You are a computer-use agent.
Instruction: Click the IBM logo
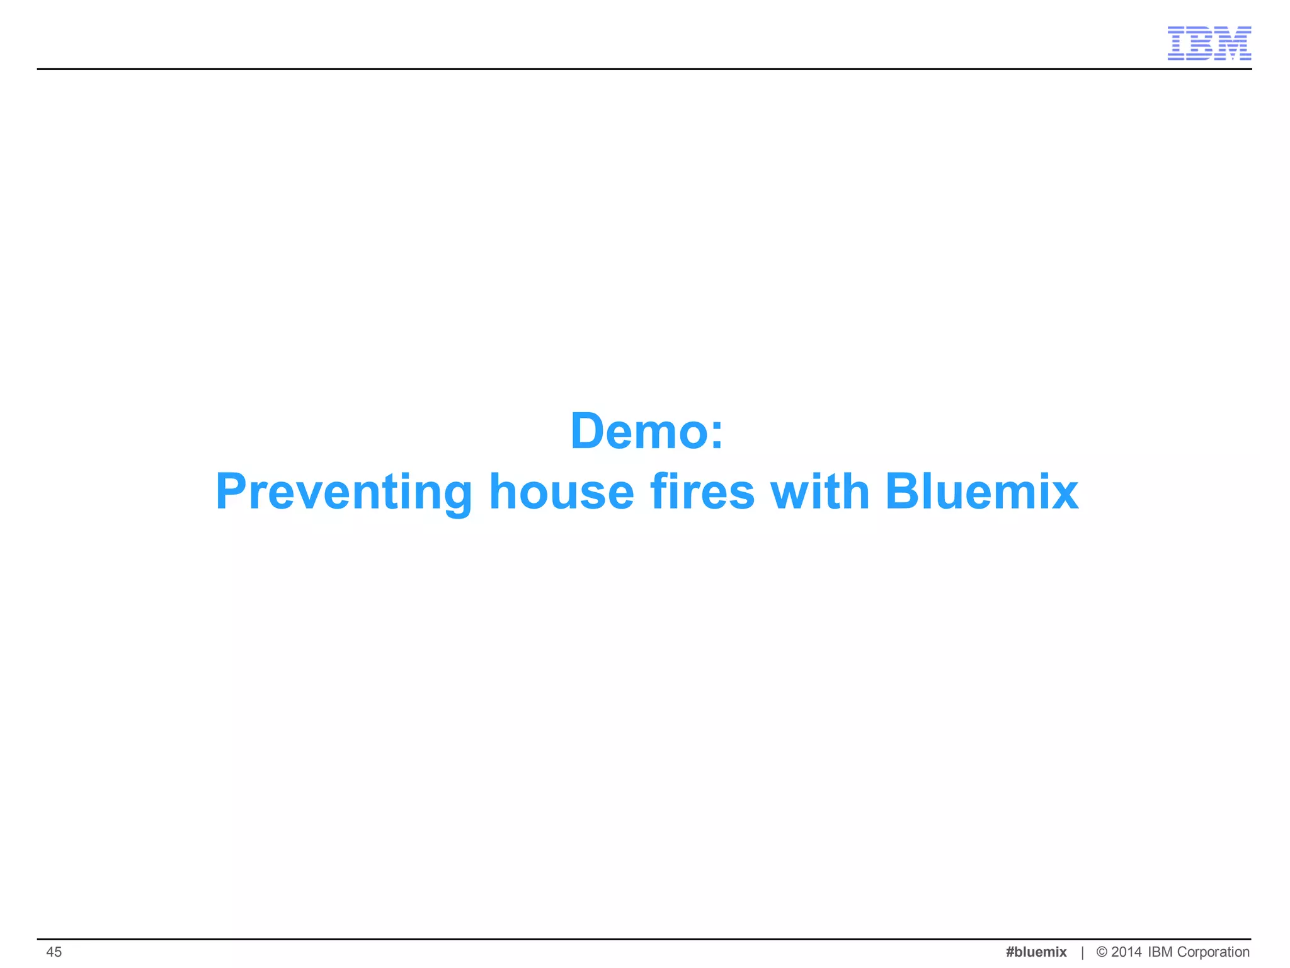click(1209, 43)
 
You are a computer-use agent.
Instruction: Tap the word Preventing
click(343, 492)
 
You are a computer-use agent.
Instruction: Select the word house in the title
click(561, 492)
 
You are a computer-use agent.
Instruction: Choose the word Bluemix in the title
click(981, 492)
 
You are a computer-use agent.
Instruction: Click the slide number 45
click(54, 952)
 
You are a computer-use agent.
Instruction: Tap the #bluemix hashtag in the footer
click(1036, 952)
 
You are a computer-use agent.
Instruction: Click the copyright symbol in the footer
click(1102, 952)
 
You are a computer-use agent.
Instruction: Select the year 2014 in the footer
click(1126, 952)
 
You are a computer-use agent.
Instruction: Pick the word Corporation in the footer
click(1213, 952)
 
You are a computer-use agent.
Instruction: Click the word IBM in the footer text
click(1160, 952)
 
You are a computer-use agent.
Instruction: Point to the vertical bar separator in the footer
click(1082, 952)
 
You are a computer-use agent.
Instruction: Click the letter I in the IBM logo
click(1177, 43)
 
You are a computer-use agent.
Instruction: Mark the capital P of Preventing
click(233, 492)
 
